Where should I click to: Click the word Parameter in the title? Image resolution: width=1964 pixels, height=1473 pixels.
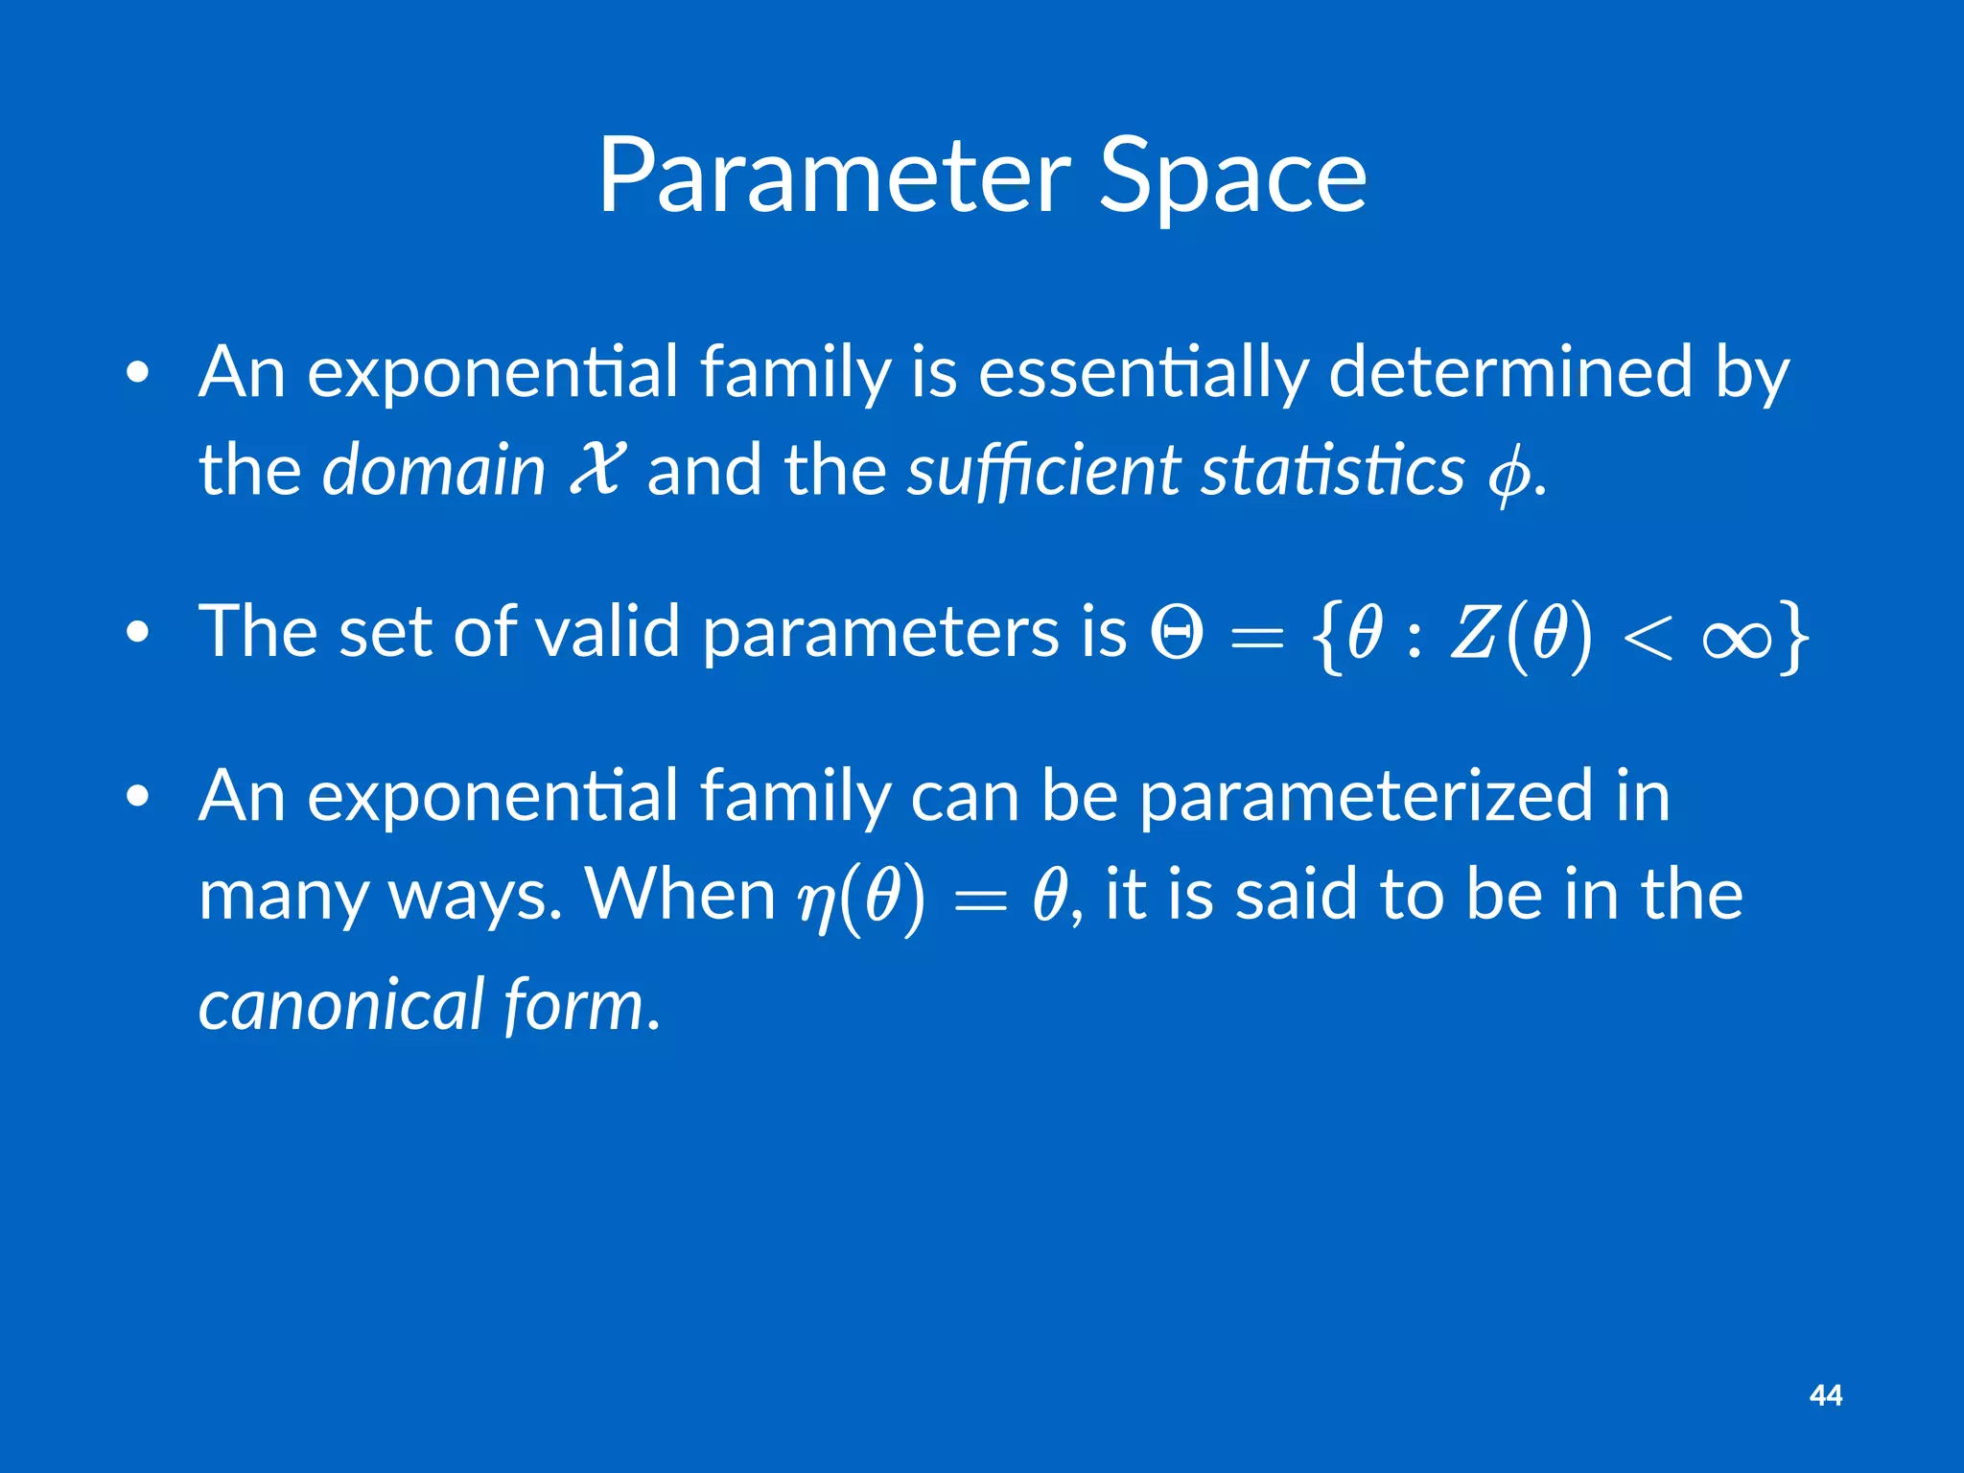pyautogui.click(x=832, y=177)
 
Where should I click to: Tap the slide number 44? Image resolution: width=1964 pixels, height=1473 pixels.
pyautogui.click(x=1825, y=1395)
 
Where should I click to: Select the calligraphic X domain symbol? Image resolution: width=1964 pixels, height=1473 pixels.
pyautogui.click(x=596, y=470)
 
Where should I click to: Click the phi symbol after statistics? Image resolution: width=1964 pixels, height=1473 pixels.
pyautogui.click(x=1508, y=475)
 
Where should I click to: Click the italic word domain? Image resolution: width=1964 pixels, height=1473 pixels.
pyautogui.click(x=433, y=470)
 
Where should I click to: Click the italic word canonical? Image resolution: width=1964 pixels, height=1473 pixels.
pyautogui.click(x=340, y=1004)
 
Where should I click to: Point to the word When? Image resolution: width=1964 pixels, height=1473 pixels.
pyautogui.click(x=680, y=894)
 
